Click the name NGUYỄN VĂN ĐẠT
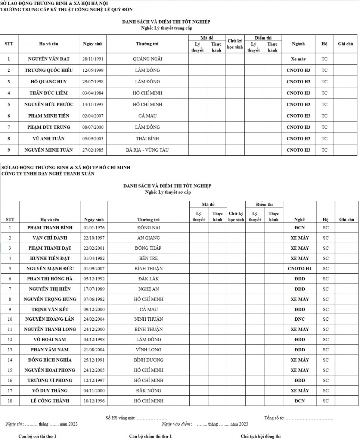49,59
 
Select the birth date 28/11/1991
93,59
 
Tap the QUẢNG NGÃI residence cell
147,59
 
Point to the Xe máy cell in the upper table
298,59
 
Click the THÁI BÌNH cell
147,139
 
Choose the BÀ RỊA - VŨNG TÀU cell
147,150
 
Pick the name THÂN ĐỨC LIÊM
49,93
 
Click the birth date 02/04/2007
93,116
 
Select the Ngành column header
298,44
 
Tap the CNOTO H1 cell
300,268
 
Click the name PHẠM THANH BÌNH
50,228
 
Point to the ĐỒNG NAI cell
148,228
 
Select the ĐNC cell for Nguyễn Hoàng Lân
300,319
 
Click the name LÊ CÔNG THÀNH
50,401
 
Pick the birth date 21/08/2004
94,350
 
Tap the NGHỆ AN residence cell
148,289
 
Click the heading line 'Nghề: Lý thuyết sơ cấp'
168,192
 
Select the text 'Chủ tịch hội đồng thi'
260,436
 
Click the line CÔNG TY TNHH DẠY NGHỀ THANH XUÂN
48,174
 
